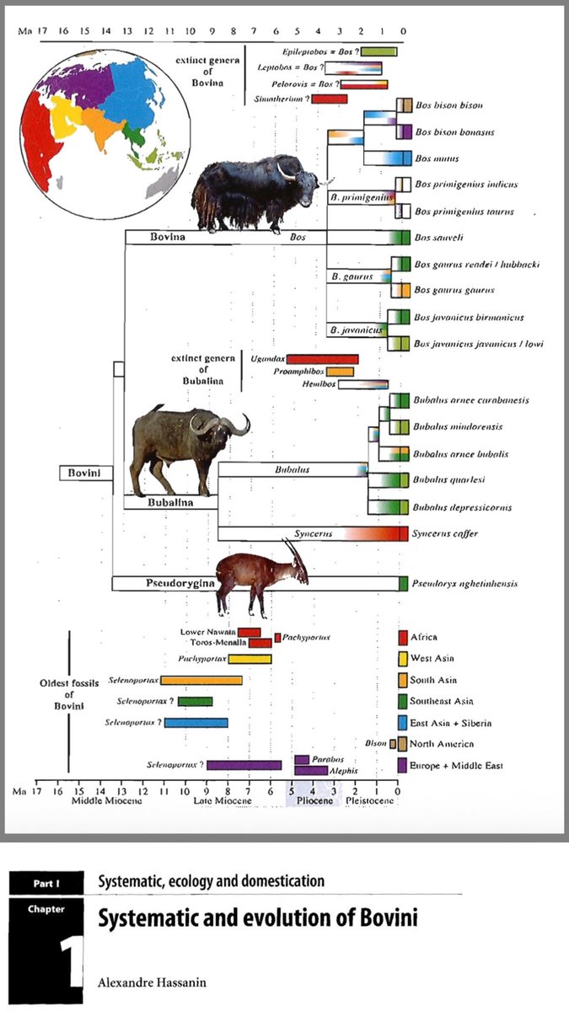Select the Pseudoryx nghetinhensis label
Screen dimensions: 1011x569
click(x=464, y=583)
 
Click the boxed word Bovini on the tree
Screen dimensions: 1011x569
click(x=85, y=473)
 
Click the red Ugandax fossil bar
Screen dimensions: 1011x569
click(x=322, y=359)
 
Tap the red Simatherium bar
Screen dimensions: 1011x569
click(x=329, y=99)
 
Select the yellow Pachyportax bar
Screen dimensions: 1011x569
click(x=250, y=659)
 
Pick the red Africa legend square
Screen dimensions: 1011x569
click(x=402, y=637)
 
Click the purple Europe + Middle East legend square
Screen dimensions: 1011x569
click(x=402, y=765)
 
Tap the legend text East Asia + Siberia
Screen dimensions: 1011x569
click(x=451, y=723)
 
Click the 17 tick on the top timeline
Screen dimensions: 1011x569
click(x=40, y=31)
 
